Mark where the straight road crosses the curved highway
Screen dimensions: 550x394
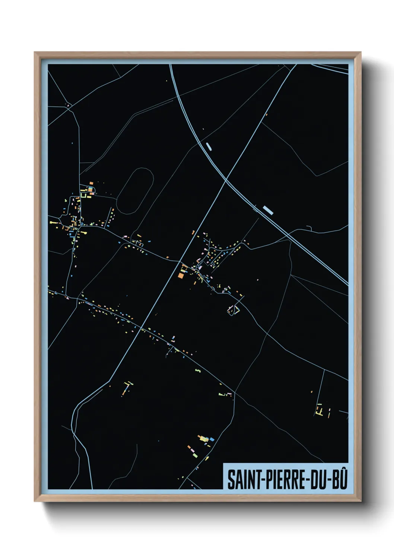226,181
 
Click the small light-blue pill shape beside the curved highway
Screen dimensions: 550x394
209,146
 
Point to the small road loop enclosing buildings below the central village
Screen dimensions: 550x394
233,310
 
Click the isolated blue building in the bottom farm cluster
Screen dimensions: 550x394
212,439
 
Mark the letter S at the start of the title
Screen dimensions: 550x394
231,480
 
